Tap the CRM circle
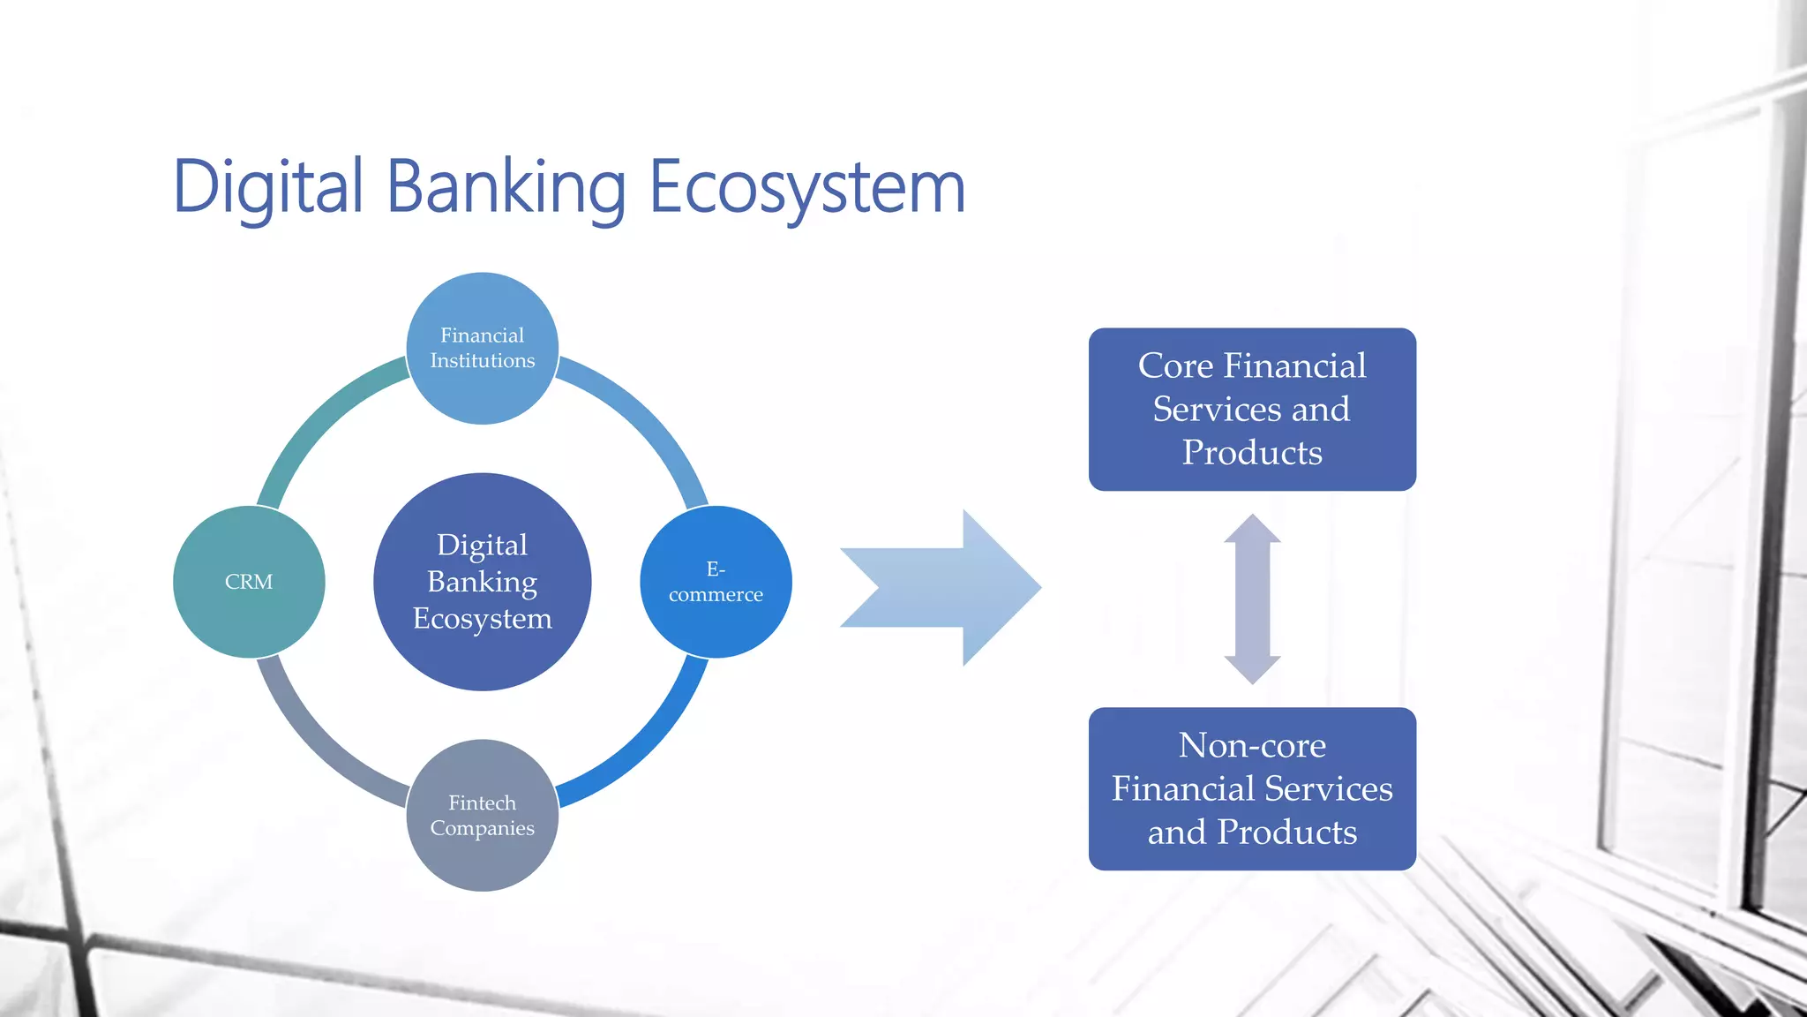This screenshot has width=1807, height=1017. tap(249, 582)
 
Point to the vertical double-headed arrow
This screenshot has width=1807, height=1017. tap(1252, 599)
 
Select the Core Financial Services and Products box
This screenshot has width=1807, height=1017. tap(1252, 410)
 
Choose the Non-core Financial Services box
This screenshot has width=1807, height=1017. tap(1252, 789)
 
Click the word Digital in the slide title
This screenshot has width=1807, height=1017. tap(268, 187)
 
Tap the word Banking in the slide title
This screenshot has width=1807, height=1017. tap(506, 187)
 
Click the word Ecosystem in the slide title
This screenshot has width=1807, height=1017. tap(806, 187)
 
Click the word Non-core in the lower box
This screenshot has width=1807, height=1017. tap(1252, 746)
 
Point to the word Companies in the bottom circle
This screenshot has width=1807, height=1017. tap(482, 828)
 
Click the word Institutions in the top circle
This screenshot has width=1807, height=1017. tap(482, 361)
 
